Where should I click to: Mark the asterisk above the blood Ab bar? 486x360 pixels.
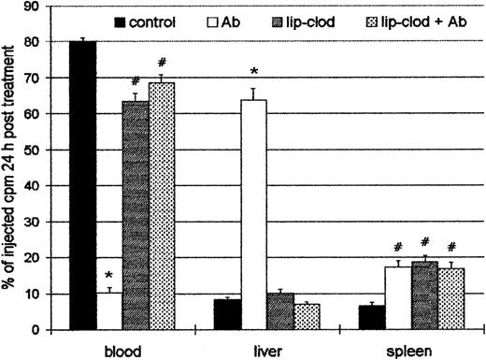(108, 276)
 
